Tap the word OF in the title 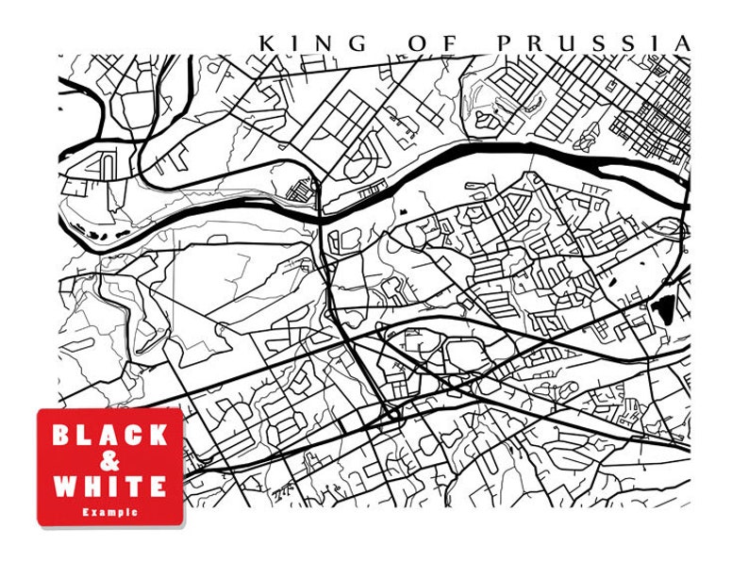(x=431, y=43)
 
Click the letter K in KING (x=267, y=43)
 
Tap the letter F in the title (x=446, y=43)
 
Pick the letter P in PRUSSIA (x=503, y=43)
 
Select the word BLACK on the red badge (x=110, y=436)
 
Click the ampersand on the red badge (x=110, y=461)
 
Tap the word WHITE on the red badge (x=110, y=487)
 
